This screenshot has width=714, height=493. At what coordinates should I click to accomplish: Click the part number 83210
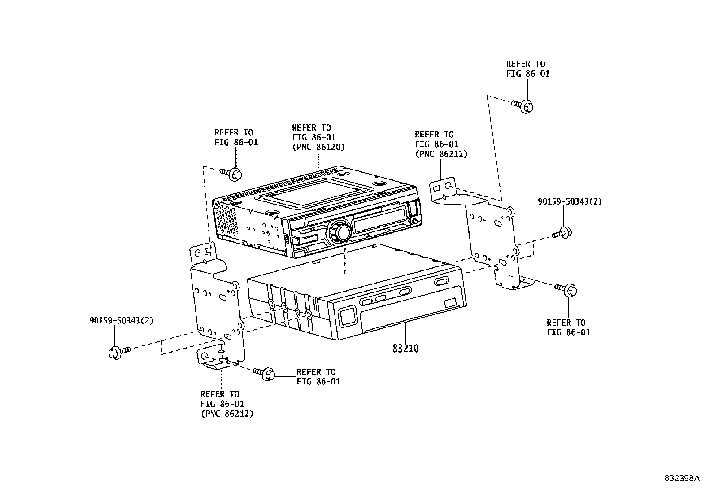405,348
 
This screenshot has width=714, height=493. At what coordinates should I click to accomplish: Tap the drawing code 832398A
682,478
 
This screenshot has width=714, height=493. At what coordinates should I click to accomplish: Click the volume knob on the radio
340,232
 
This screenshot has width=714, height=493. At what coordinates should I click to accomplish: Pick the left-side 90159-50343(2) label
121,321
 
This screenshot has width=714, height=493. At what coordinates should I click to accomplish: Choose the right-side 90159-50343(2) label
570,202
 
